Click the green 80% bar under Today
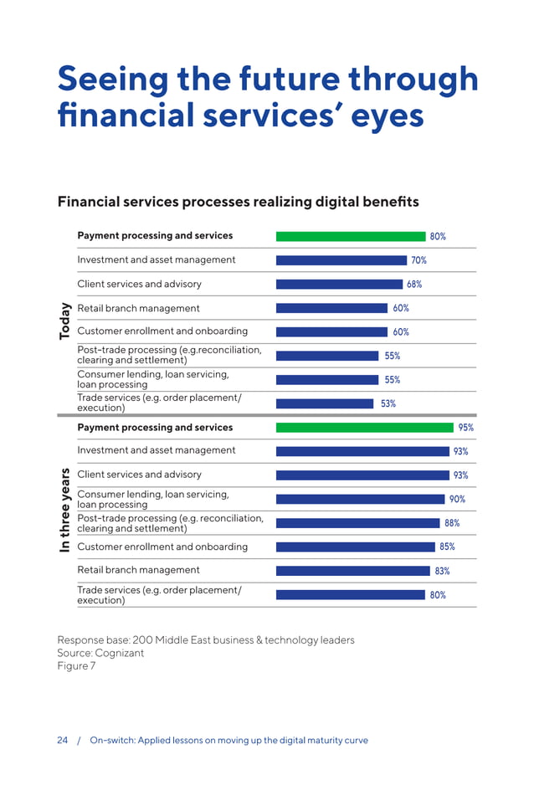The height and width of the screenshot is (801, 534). pyautogui.click(x=351, y=236)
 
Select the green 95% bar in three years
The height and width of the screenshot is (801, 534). pyautogui.click(x=364, y=427)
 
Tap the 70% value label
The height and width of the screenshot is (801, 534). pyautogui.click(x=418, y=260)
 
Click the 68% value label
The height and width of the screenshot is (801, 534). pyautogui.click(x=414, y=284)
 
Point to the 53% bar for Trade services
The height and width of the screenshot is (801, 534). pyautogui.click(x=324, y=403)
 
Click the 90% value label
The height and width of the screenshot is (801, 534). pyautogui.click(x=457, y=499)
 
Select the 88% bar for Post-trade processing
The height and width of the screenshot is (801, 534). pyautogui.click(x=357, y=523)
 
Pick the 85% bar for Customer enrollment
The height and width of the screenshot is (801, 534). pyautogui.click(x=354, y=547)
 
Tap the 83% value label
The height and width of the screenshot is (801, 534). pyautogui.click(x=442, y=571)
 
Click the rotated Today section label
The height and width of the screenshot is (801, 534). pyautogui.click(x=65, y=321)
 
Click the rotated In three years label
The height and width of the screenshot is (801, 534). pyautogui.click(x=65, y=510)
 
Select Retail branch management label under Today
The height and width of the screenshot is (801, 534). pyautogui.click(x=138, y=308)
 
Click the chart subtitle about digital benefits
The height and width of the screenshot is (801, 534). pyautogui.click(x=238, y=202)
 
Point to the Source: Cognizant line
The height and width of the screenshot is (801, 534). pyautogui.click(x=100, y=653)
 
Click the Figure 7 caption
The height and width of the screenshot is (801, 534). pyautogui.click(x=76, y=665)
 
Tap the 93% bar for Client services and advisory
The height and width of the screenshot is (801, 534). pyautogui.click(x=362, y=475)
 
